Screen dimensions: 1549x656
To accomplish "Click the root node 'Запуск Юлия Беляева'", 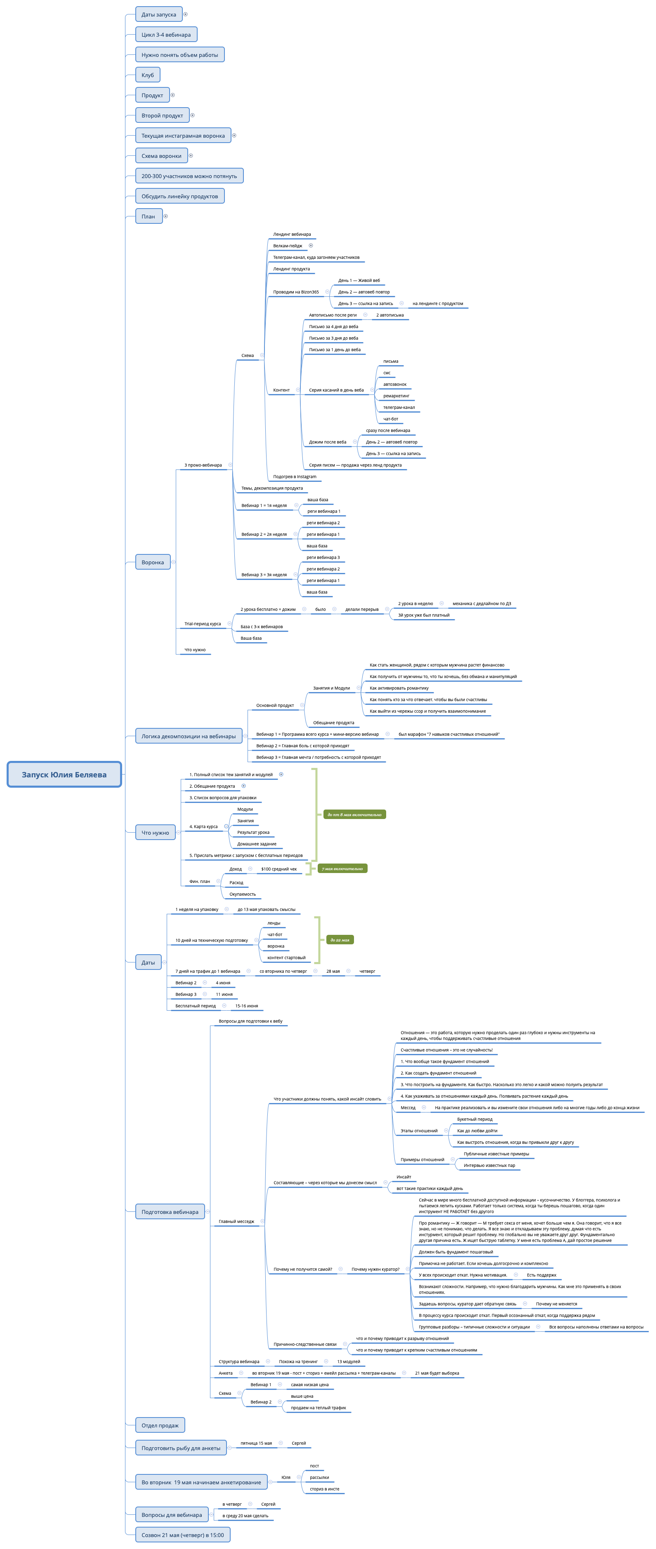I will pyautogui.click(x=64, y=774).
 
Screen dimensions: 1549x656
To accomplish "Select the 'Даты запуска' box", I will pyautogui.click(x=159, y=14).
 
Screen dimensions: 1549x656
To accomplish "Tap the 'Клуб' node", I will pyautogui.click(x=147, y=75).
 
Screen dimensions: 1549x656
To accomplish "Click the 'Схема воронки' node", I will pyautogui.click(x=161, y=156).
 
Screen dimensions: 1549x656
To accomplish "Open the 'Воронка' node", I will pyautogui.click(x=153, y=562).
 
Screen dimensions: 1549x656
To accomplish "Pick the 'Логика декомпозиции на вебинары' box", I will pyautogui.click(x=189, y=736).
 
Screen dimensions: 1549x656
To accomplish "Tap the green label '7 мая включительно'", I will pyautogui.click(x=342, y=869).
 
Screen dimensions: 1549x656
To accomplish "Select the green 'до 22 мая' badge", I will pyautogui.click(x=340, y=940).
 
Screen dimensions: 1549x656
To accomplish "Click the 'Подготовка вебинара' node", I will pyautogui.click(x=170, y=1212).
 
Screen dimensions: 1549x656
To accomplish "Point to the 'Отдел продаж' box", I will pyautogui.click(x=160, y=1425).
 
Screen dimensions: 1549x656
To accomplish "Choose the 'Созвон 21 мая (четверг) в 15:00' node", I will pyautogui.click(x=182, y=1535).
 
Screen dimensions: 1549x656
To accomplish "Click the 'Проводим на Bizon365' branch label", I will pyautogui.click(x=295, y=292).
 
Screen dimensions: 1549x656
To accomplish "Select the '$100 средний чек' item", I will pyautogui.click(x=278, y=869).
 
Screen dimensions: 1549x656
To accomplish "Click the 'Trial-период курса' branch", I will pyautogui.click(x=202, y=624).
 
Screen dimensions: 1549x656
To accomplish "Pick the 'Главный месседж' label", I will pyautogui.click(x=236, y=1221).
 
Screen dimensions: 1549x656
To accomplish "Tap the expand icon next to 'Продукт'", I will pyautogui.click(x=173, y=95).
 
